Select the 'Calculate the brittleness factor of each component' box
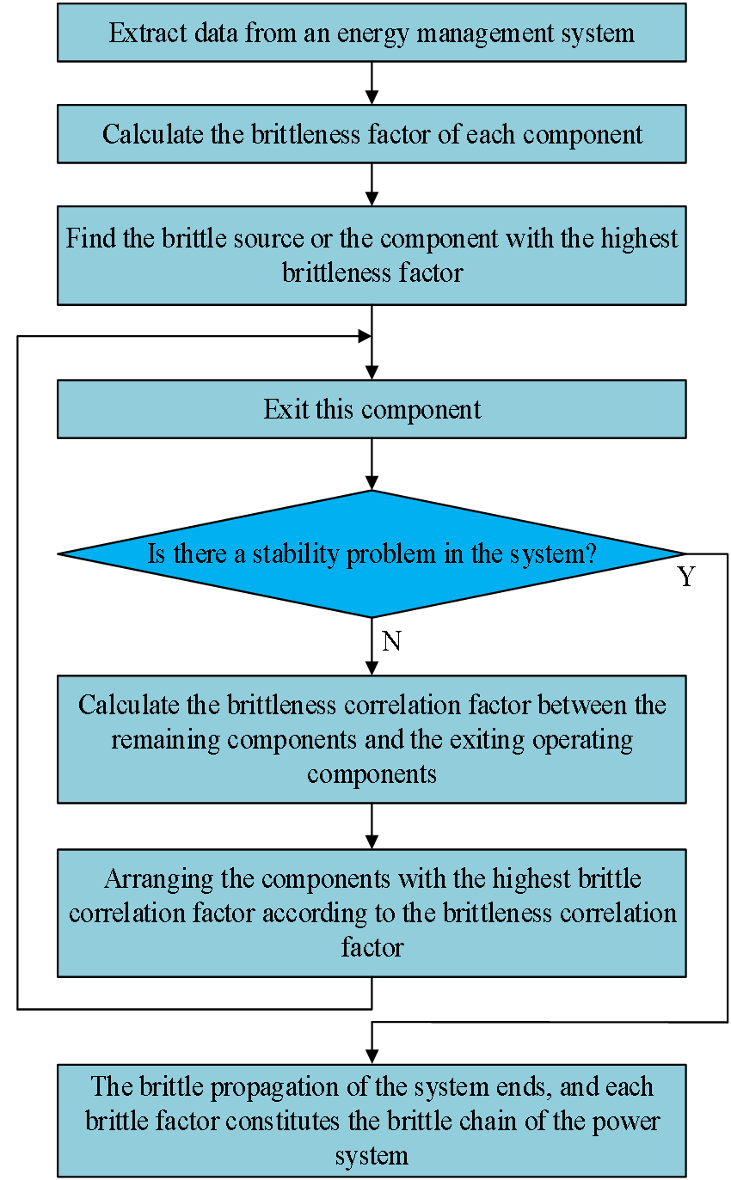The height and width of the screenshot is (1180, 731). click(x=372, y=135)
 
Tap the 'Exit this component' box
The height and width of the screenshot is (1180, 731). click(x=372, y=409)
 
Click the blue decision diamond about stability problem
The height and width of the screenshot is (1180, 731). click(x=372, y=553)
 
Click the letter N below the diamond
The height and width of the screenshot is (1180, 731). click(x=391, y=641)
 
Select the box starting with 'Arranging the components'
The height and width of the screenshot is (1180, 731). click(x=372, y=913)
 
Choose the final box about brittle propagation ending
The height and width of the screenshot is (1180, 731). click(x=372, y=1120)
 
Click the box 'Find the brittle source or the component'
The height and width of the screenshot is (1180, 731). click(x=372, y=255)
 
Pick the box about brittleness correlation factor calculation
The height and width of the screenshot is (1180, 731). click(x=372, y=739)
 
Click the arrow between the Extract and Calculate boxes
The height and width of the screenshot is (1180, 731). click(x=372, y=83)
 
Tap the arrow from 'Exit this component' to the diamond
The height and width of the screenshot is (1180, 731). click(x=372, y=464)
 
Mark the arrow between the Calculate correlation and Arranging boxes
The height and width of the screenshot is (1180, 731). click(x=372, y=826)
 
